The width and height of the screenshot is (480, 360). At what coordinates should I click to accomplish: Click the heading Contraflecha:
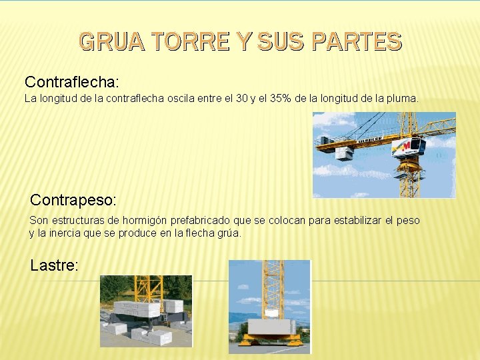pos(71,82)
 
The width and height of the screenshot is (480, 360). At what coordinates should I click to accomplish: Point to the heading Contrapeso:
pos(73,199)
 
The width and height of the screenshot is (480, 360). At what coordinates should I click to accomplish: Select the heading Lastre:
pos(54,265)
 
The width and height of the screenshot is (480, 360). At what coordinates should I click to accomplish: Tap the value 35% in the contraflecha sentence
pos(283,99)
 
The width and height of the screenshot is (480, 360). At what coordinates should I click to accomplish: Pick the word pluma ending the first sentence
pos(402,99)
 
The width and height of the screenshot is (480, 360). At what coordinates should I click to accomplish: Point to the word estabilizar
pos(353,220)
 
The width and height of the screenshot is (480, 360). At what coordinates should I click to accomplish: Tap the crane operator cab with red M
pos(408,147)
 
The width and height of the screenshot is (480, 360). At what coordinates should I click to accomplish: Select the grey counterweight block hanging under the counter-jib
pos(344,154)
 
